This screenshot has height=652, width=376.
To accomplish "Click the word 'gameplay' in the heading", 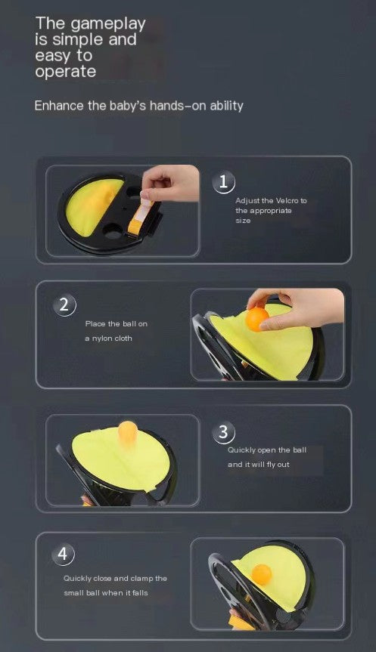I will click(110, 24).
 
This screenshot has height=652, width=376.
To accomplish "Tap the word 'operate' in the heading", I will click(65, 73).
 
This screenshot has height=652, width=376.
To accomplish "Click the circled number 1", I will click(223, 181).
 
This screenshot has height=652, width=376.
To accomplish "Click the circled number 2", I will click(64, 305).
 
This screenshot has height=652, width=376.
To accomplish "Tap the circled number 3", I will click(223, 432).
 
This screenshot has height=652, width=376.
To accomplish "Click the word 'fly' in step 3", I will click(265, 465).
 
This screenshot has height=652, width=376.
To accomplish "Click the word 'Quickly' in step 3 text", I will click(241, 450).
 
